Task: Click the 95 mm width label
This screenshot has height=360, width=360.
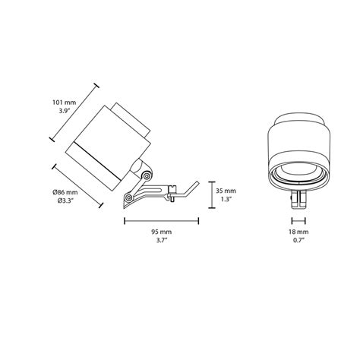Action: tap(161, 230)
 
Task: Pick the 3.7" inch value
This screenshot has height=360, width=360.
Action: tap(161, 241)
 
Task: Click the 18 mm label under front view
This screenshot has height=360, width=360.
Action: tap(299, 230)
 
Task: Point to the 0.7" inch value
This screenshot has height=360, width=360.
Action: tap(299, 241)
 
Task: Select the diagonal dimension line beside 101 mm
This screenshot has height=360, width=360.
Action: tap(74, 112)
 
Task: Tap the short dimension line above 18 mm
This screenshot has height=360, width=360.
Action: tap(299, 219)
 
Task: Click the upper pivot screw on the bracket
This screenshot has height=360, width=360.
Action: tap(145, 176)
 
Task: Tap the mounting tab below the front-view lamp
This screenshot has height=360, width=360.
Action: tap(299, 199)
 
